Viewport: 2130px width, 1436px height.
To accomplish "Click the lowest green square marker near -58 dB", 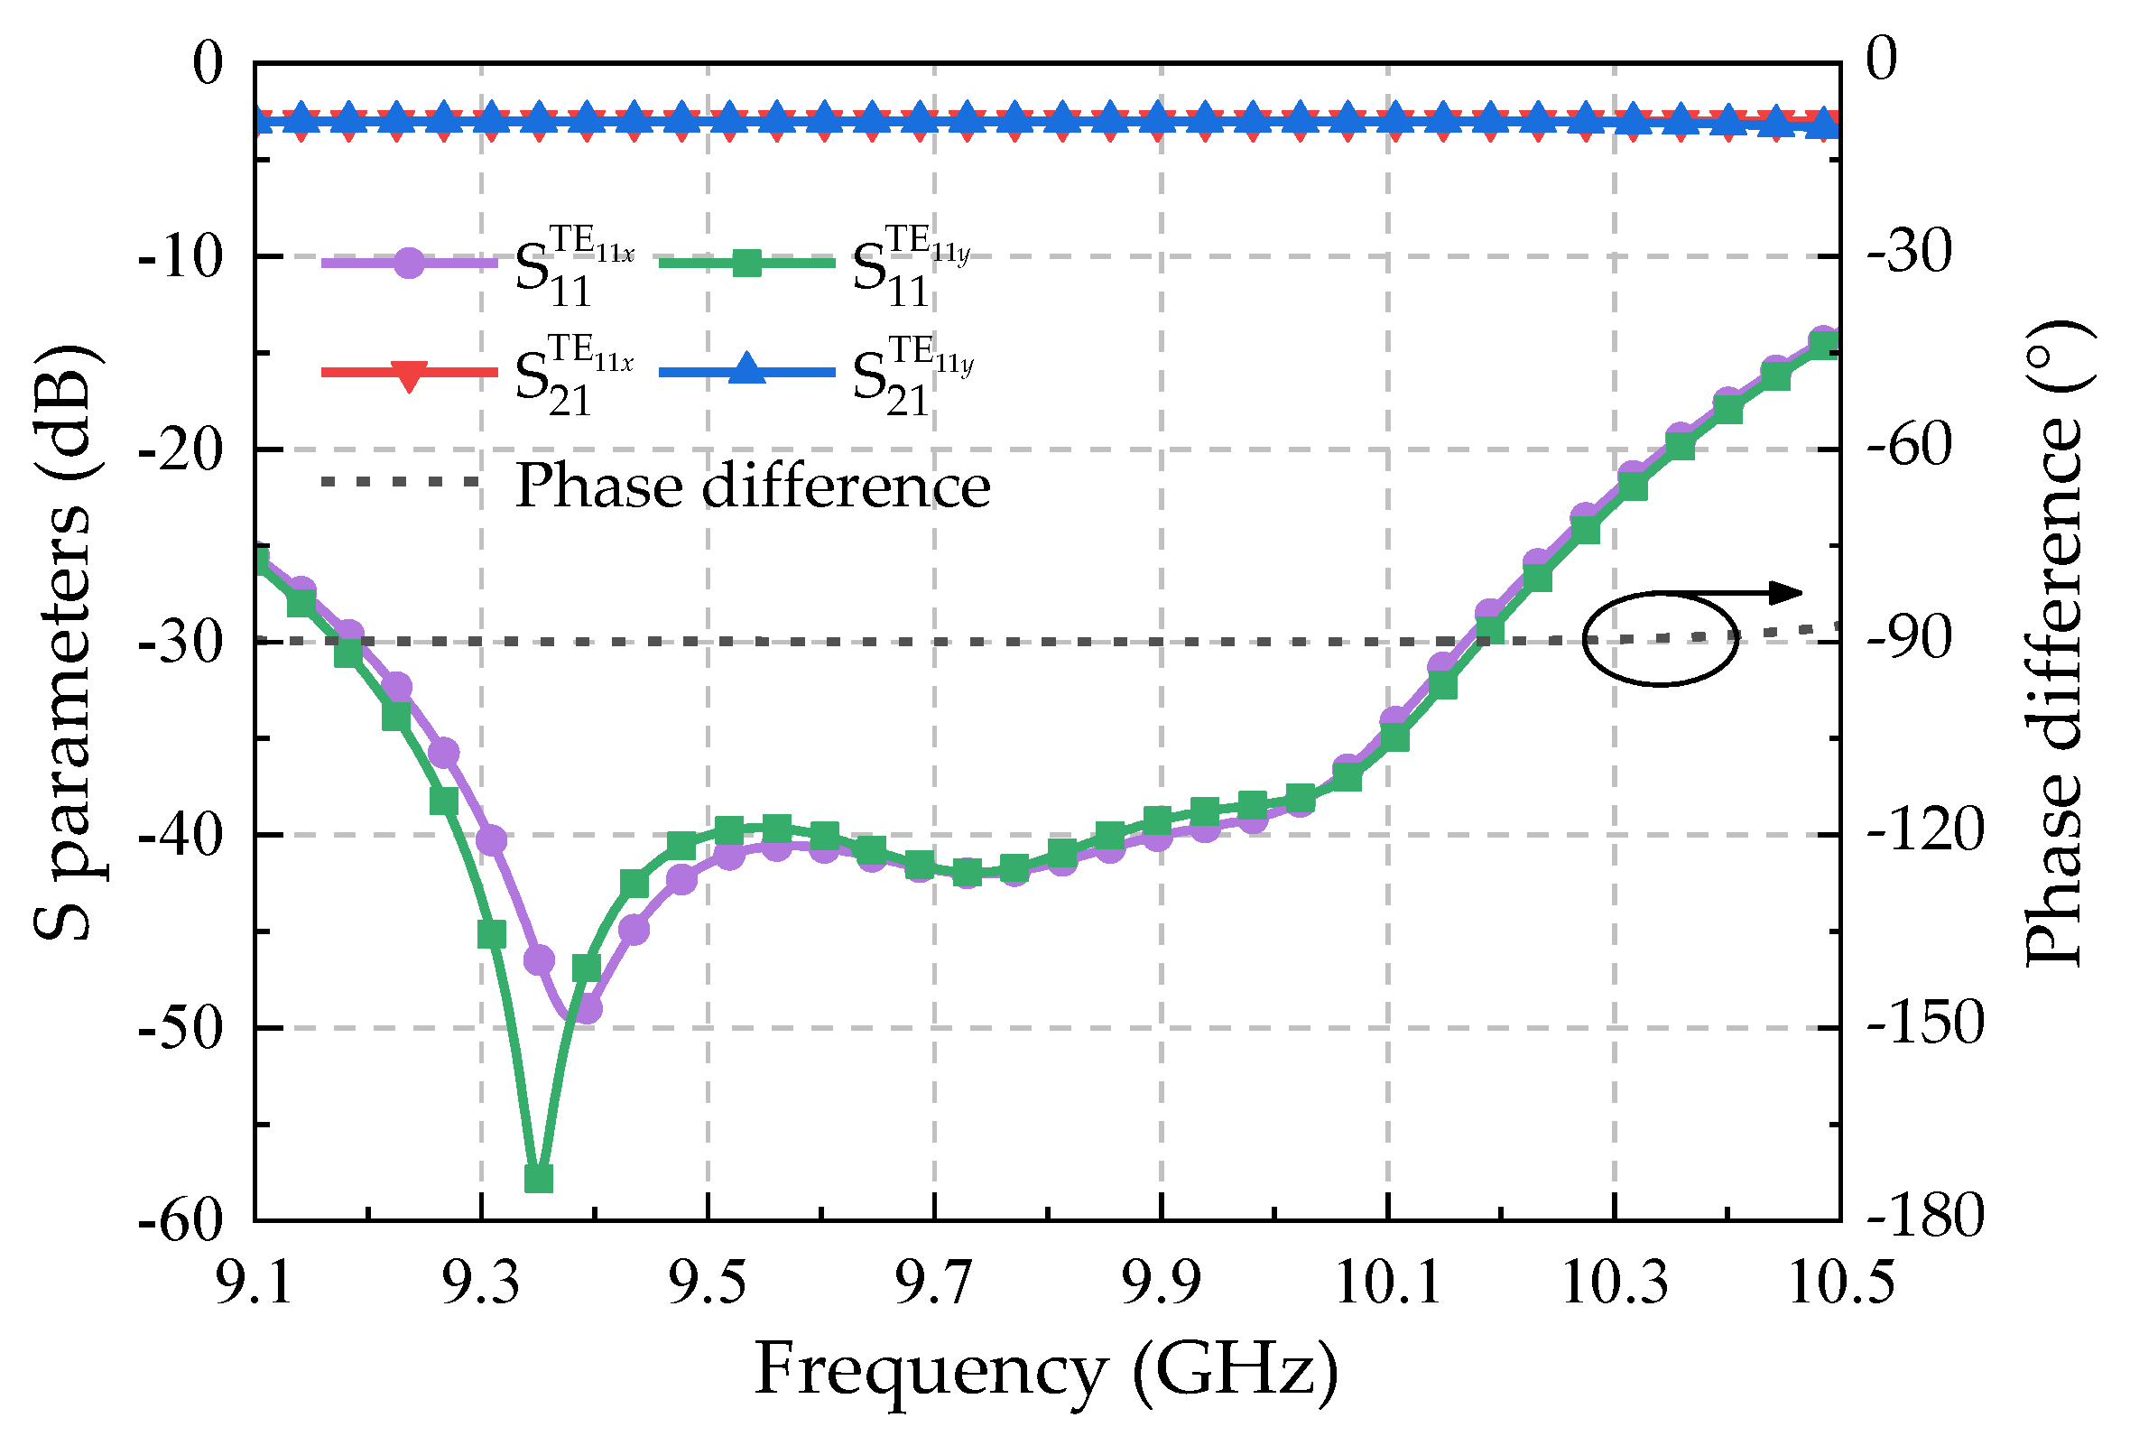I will (x=539, y=1179).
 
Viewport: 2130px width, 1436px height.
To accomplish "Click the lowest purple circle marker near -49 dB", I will (x=586, y=1009).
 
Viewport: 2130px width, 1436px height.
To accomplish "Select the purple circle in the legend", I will (x=409, y=264).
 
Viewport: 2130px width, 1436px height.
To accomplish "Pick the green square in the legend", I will (x=747, y=264).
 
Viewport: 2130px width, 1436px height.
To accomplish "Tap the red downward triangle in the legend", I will (x=409, y=375).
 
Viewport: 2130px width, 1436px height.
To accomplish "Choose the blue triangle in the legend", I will (x=747, y=369).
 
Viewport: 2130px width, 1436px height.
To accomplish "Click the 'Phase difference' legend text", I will (x=753, y=486).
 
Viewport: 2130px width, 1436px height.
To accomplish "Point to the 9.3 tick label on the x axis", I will (x=481, y=1283).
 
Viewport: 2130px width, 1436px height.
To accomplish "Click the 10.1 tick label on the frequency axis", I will (x=1388, y=1283).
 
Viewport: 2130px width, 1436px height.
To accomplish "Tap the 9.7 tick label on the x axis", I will (x=934, y=1283).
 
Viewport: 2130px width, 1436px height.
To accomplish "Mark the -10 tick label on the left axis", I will (x=181, y=257).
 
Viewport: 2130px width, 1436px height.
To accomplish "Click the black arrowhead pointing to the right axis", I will (x=1786, y=592).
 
